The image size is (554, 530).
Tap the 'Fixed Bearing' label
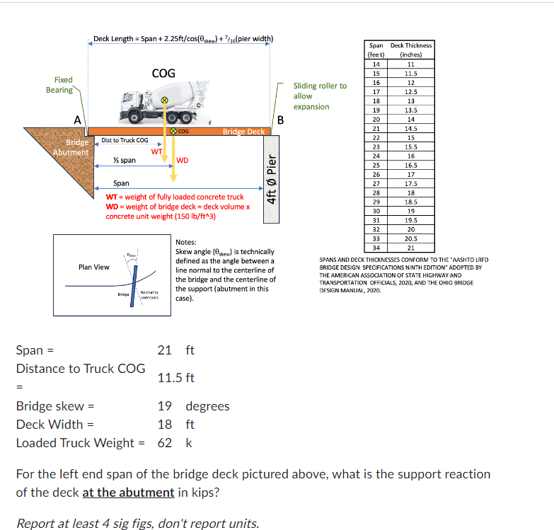(59, 85)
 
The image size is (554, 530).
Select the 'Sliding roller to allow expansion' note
(320, 96)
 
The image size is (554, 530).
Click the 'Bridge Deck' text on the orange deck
(243, 132)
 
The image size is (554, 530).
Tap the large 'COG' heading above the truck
(163, 73)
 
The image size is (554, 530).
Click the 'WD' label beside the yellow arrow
(182, 160)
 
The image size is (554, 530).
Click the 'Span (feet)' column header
(376, 50)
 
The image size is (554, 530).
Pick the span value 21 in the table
(376, 128)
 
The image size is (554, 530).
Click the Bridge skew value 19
(164, 406)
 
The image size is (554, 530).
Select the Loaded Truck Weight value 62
(164, 443)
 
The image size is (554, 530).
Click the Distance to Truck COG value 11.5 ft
(175, 378)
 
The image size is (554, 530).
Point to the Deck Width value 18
(164, 425)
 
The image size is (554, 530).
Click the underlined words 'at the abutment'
(128, 492)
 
